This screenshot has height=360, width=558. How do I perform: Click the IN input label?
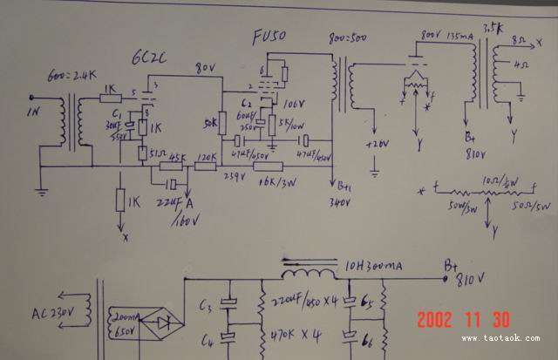click(x=34, y=112)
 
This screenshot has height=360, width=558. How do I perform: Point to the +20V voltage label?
click(x=378, y=144)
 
